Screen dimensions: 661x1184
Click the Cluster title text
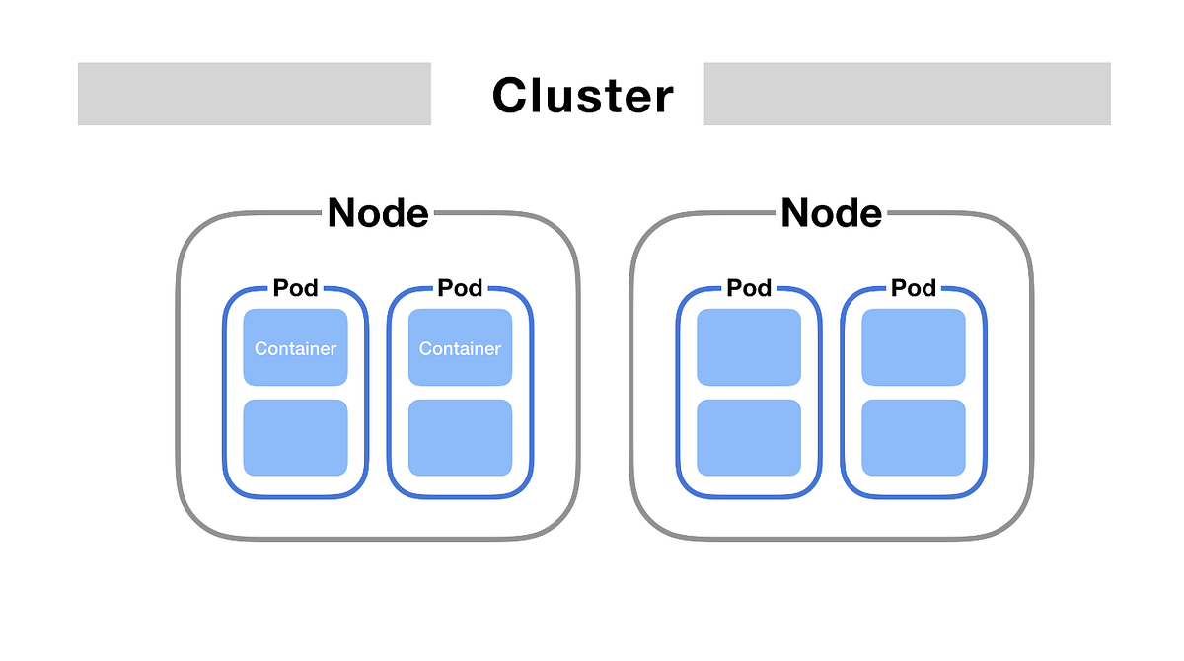point(582,96)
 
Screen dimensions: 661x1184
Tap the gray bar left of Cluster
point(255,94)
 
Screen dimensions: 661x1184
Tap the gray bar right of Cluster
point(907,94)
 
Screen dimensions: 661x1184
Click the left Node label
point(378,212)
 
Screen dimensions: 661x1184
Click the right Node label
point(831,212)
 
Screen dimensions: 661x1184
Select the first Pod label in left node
point(295,288)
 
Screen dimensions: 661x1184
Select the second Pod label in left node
point(460,288)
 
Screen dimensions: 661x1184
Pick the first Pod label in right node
point(749,288)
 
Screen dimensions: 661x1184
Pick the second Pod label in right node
point(913,288)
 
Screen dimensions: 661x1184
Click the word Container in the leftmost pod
point(295,348)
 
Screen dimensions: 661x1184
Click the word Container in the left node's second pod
point(460,348)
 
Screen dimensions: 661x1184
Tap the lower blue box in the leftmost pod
point(295,437)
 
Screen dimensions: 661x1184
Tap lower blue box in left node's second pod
point(460,437)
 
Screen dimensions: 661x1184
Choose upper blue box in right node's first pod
point(749,346)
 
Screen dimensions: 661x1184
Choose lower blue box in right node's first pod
point(749,437)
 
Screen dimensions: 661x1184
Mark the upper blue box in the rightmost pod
point(913,346)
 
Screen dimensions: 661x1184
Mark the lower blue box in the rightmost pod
point(913,437)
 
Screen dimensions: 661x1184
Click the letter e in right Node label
point(868,215)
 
